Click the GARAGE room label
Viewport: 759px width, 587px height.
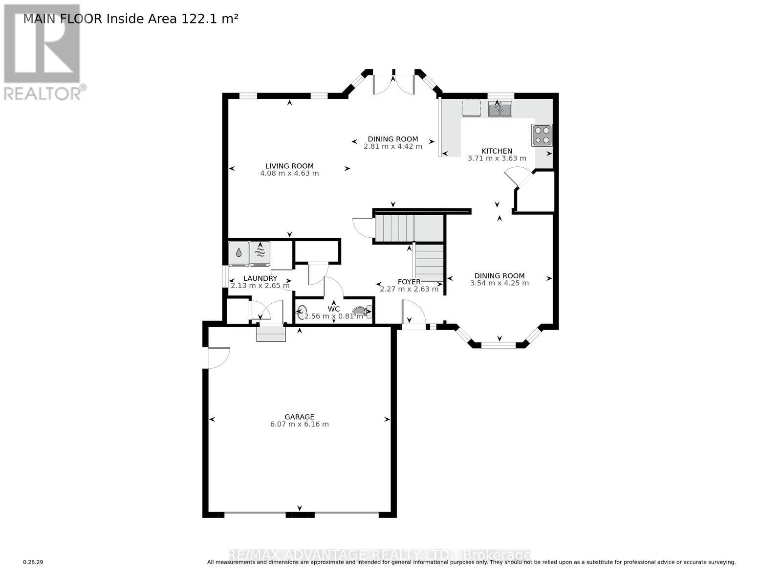pos(299,417)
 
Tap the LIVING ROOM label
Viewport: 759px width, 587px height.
pos(289,166)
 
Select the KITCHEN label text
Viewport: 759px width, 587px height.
pos(497,151)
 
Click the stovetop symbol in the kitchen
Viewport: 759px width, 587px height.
pos(542,135)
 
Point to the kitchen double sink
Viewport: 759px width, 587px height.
pos(500,111)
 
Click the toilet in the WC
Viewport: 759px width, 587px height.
pos(362,311)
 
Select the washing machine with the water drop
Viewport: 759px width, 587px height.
pos(239,253)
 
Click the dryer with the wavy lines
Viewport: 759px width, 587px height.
pos(260,253)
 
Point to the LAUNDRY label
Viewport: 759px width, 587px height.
pos(260,278)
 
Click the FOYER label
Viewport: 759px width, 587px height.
pos(409,282)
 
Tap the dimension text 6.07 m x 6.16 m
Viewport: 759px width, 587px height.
pos(299,424)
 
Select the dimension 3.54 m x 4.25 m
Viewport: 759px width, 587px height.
pos(499,283)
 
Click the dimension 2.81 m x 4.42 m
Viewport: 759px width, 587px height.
pos(392,146)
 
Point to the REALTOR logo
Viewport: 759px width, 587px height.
pos(43,51)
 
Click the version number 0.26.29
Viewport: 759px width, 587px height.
pos(33,562)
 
